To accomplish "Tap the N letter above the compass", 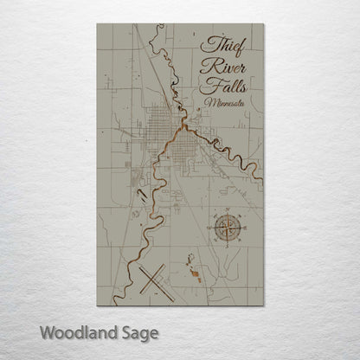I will click(x=227, y=209).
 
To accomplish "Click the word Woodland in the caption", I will click(x=77, y=331).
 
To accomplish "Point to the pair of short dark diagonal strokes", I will click(x=141, y=196).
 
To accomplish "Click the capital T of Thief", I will click(x=206, y=46).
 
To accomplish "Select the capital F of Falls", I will click(x=206, y=86).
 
